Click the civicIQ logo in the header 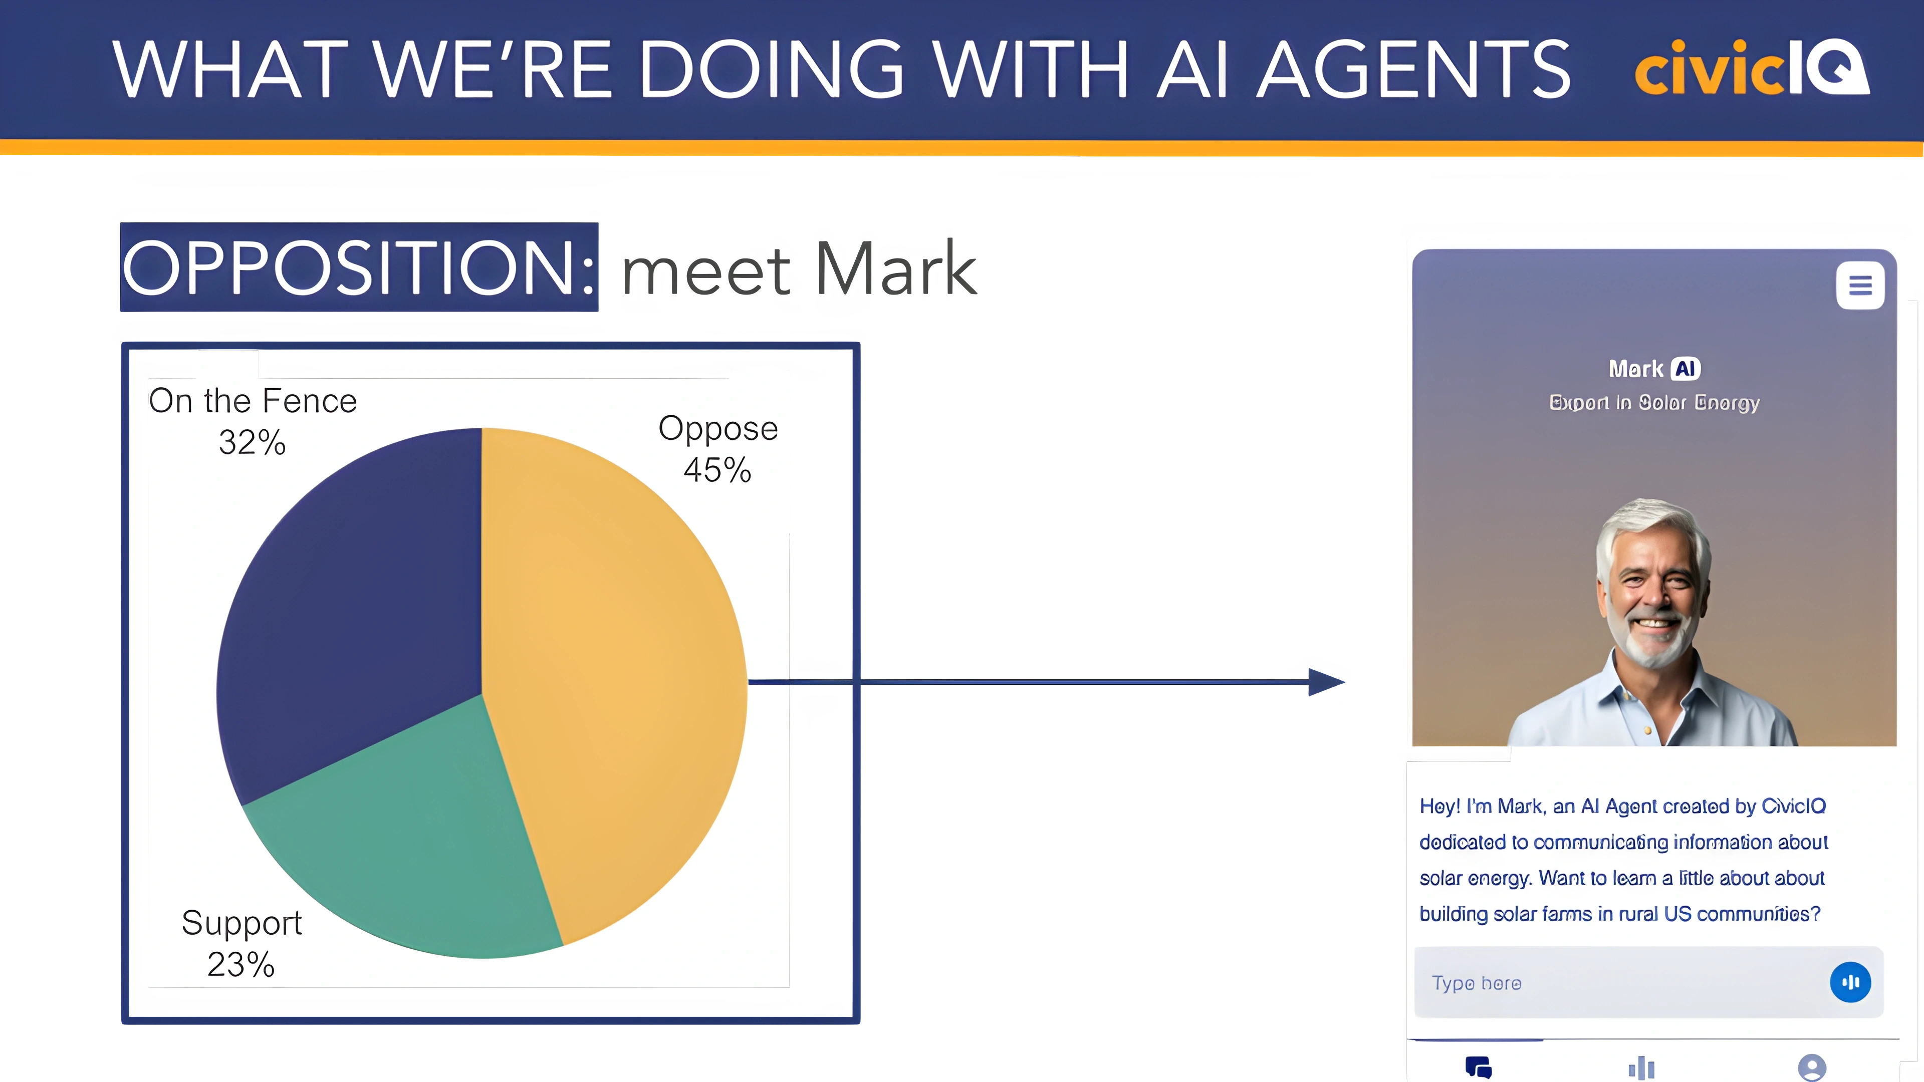1752,68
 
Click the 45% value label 717,470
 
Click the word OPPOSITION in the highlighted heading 359,268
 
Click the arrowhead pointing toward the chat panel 1326,682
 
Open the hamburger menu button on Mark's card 1860,285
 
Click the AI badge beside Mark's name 1685,369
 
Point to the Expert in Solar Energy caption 1654,403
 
